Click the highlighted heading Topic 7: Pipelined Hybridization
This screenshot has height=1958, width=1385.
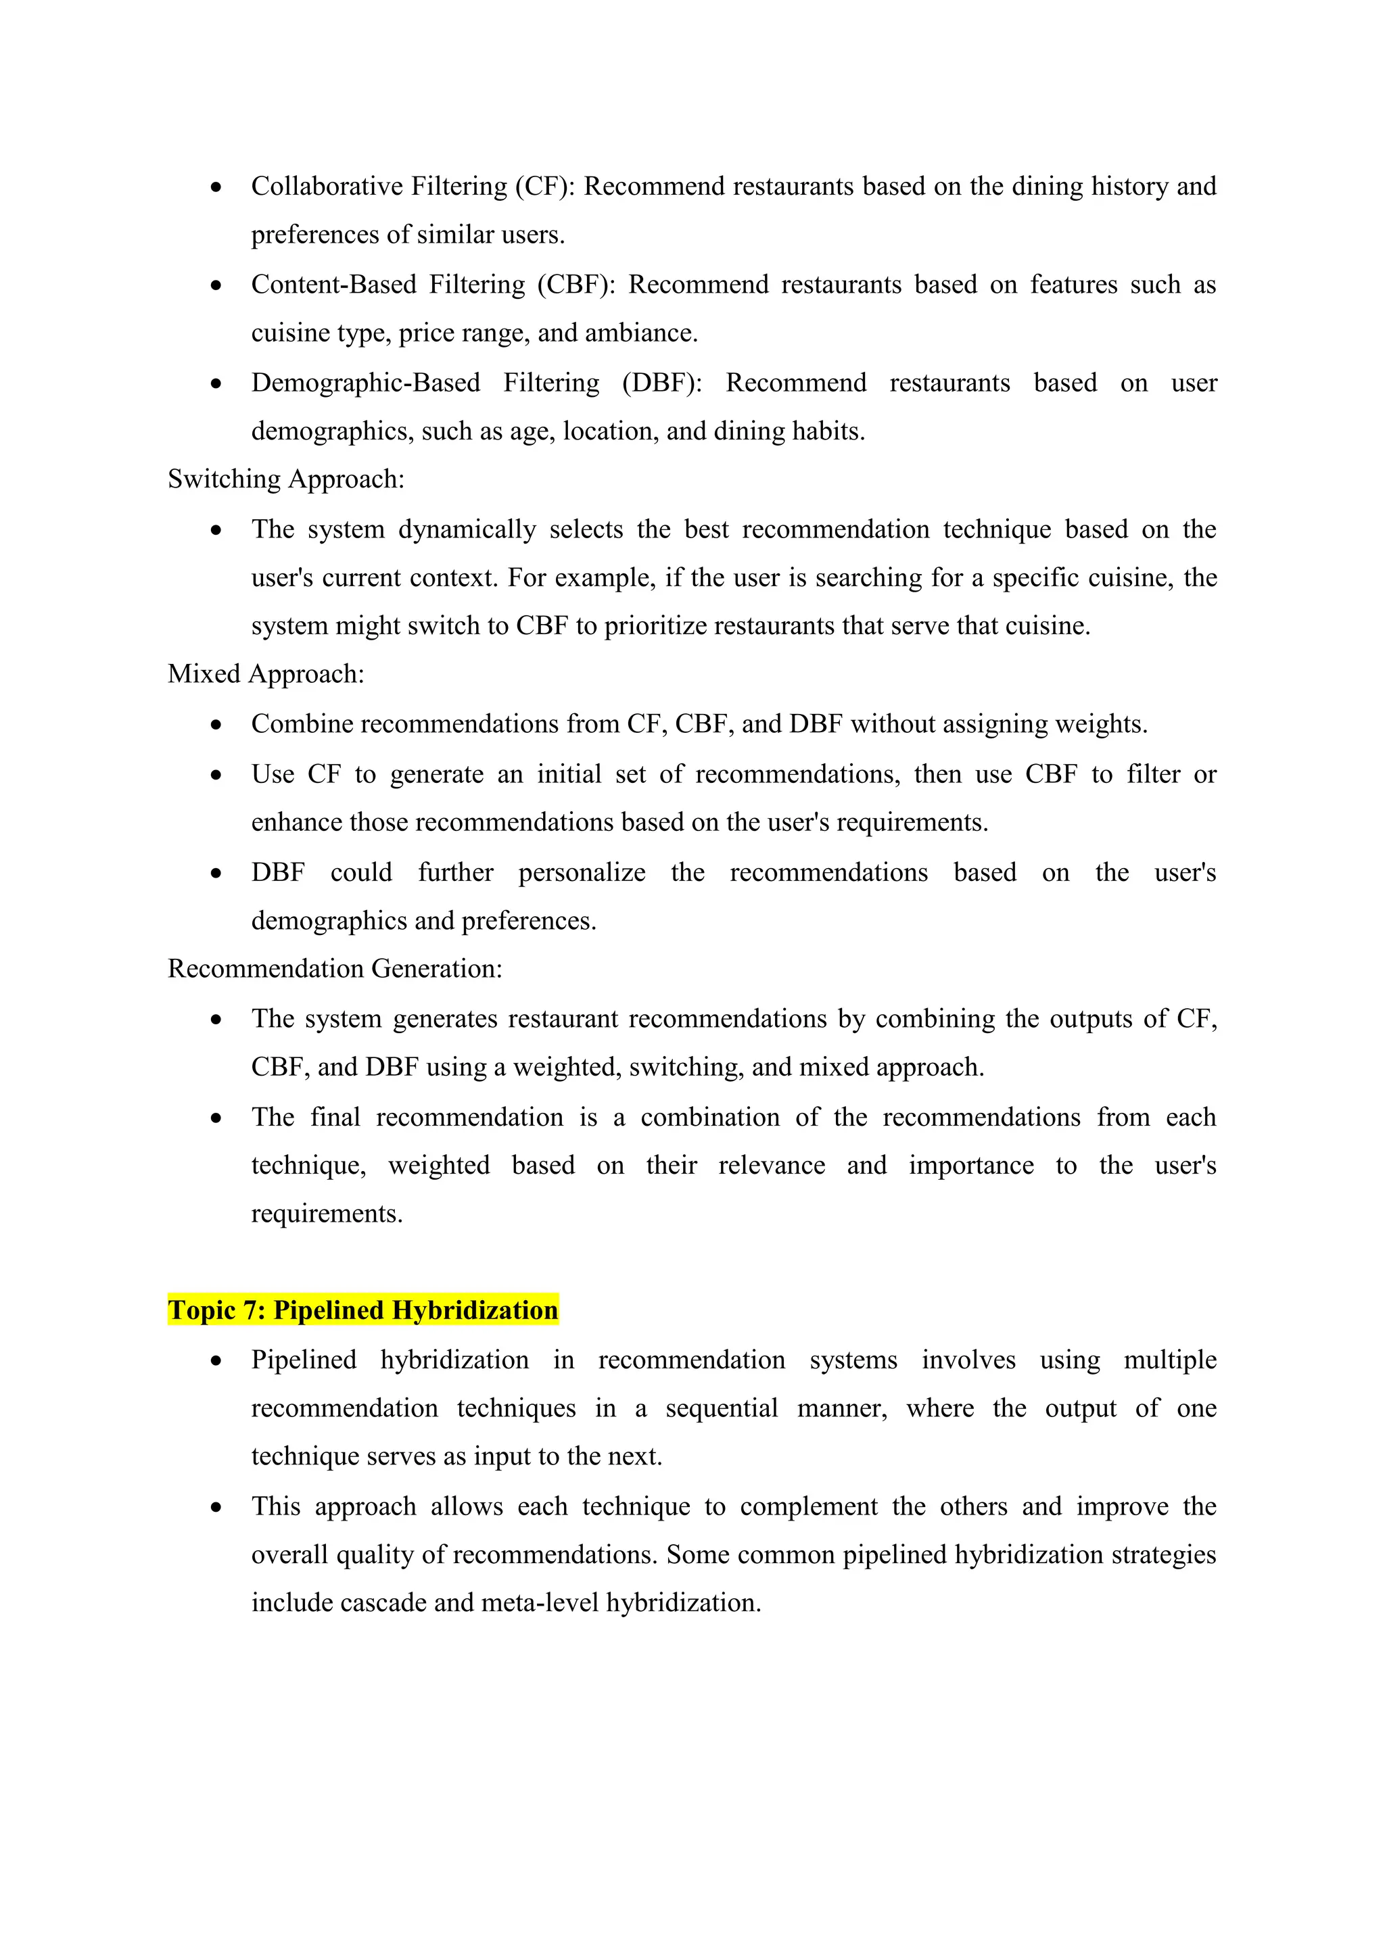click(362, 1310)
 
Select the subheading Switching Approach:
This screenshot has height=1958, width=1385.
click(285, 479)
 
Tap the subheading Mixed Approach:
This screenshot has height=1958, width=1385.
click(266, 673)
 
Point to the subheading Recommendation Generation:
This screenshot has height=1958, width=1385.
click(334, 969)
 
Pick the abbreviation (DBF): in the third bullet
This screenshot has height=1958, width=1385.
click(662, 382)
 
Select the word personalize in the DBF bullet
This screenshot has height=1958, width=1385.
click(582, 872)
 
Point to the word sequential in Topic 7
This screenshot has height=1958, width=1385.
click(722, 1408)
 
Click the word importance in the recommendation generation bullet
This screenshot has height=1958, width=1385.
click(970, 1165)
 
